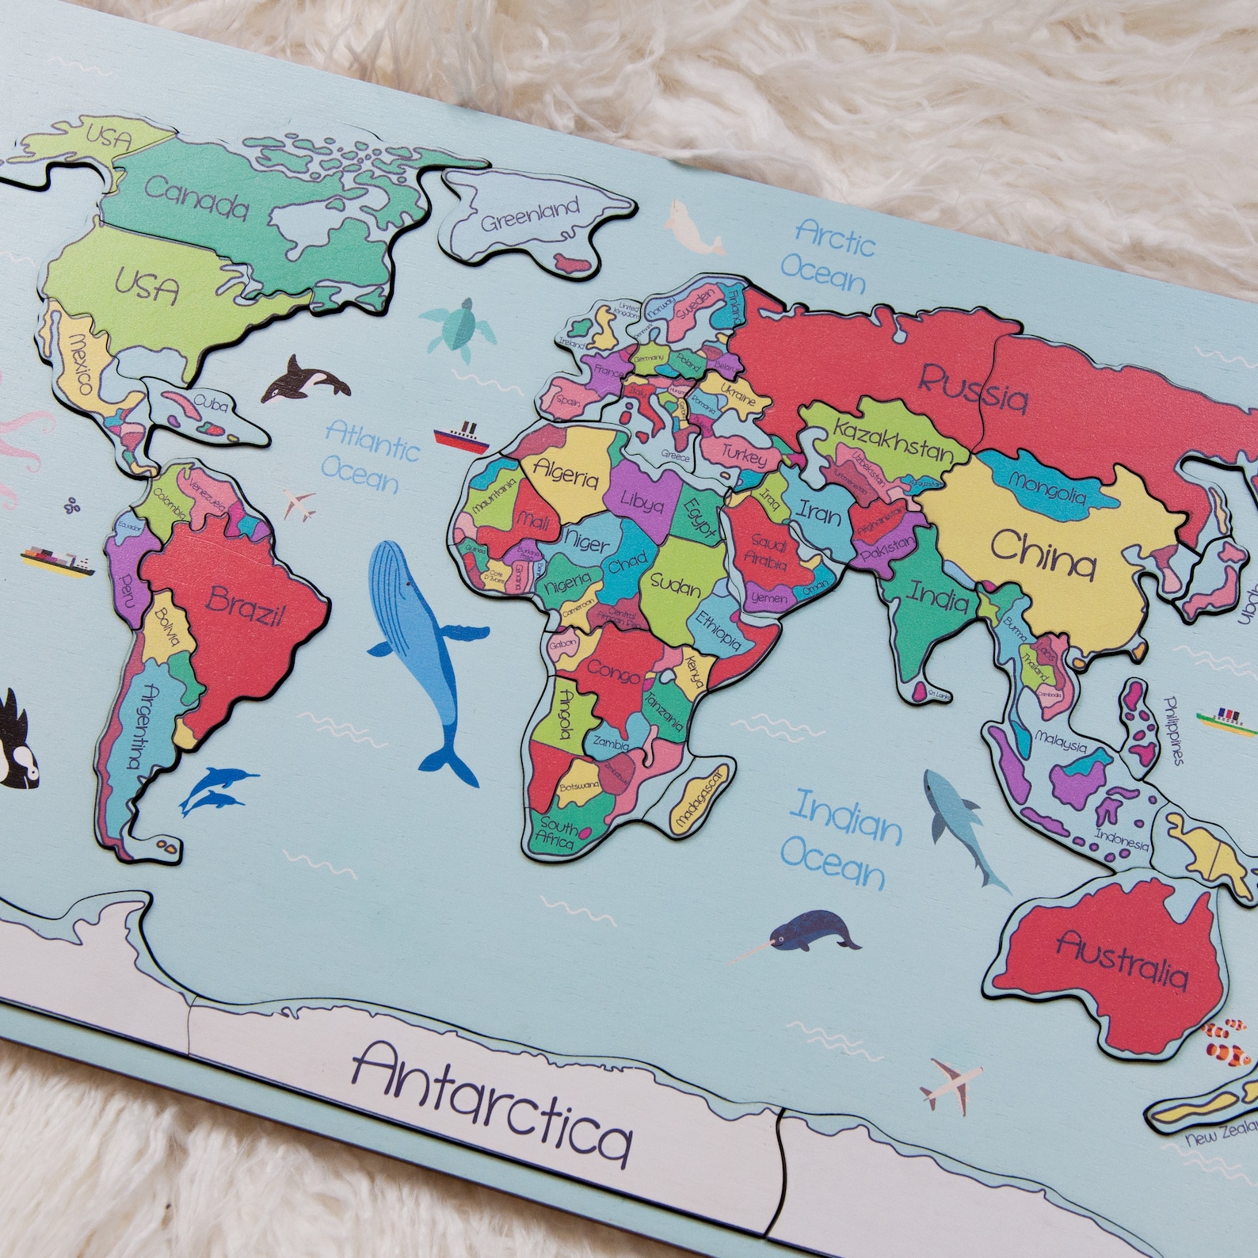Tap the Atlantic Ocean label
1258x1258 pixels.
369,455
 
